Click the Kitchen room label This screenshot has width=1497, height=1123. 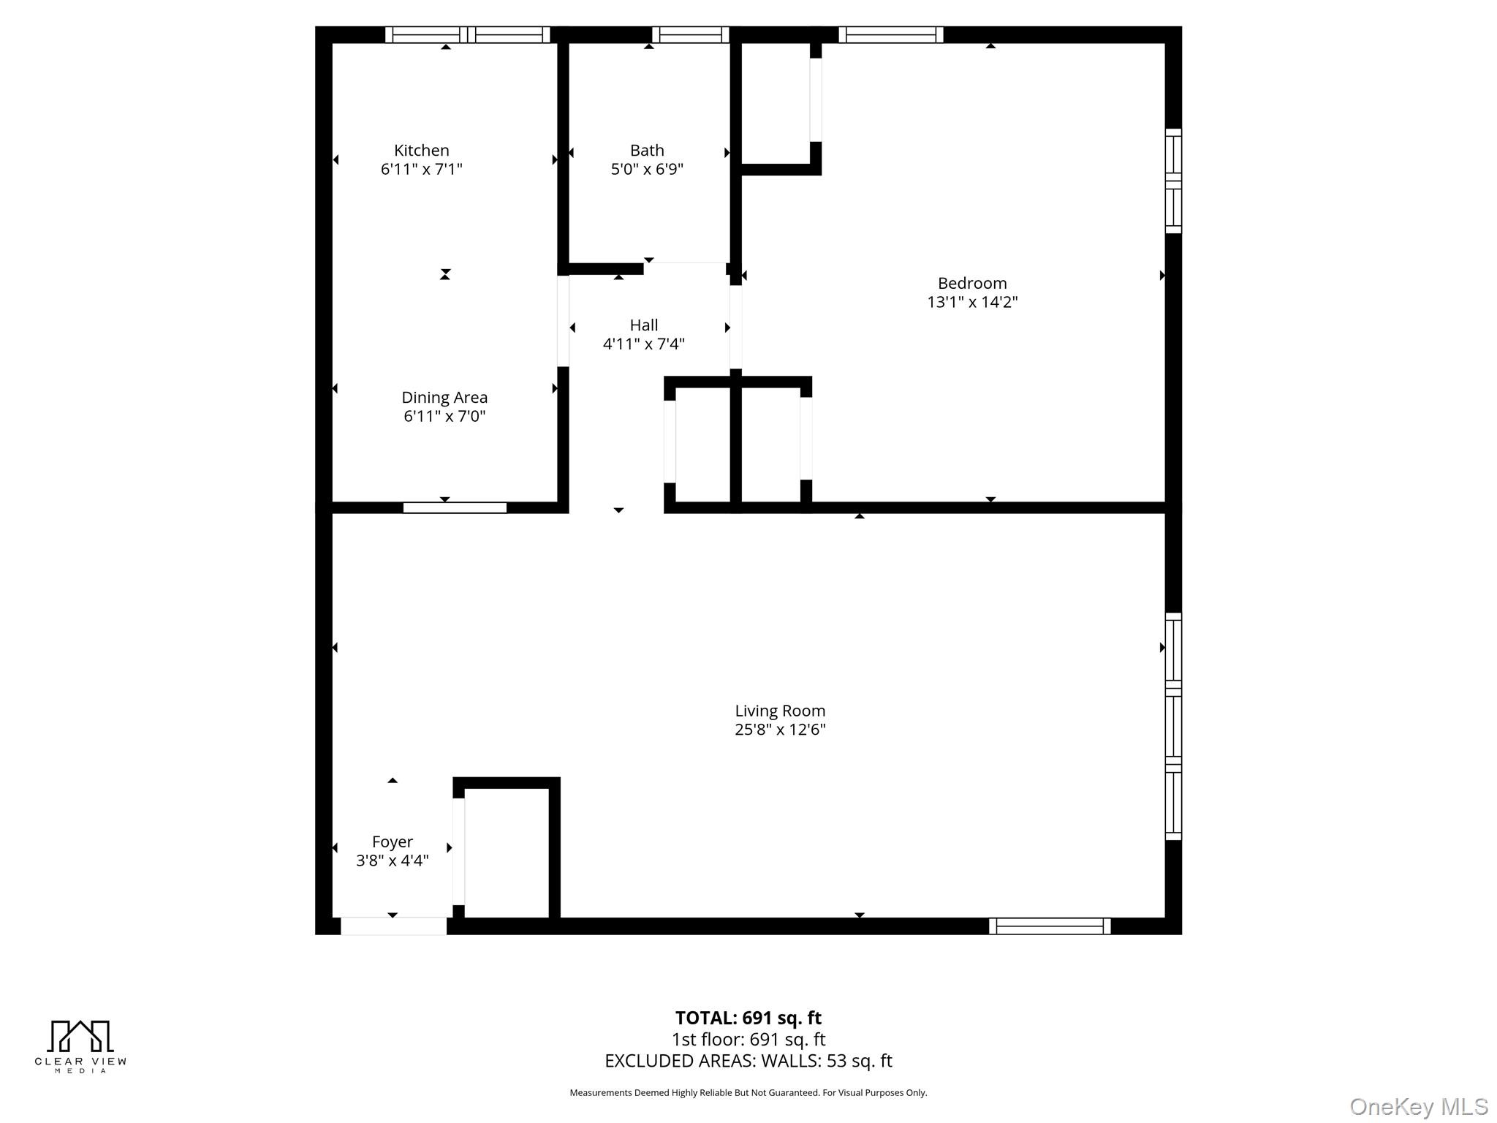[x=421, y=151]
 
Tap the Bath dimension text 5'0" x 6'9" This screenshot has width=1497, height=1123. [x=647, y=170]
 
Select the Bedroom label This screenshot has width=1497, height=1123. [x=971, y=283]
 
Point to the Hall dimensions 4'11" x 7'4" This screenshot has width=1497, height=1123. [x=643, y=344]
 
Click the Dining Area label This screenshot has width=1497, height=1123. [x=444, y=398]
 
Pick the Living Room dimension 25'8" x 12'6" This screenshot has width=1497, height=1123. [x=780, y=729]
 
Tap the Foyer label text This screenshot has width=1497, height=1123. [x=393, y=842]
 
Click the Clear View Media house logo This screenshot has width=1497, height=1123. [x=80, y=1036]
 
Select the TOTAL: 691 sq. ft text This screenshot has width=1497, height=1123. [x=748, y=1018]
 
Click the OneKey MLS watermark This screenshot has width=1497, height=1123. [x=1418, y=1106]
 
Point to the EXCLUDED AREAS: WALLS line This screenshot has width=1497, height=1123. [x=748, y=1061]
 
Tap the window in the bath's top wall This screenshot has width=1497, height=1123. [x=690, y=34]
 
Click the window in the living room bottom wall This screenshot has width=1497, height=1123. [x=1050, y=926]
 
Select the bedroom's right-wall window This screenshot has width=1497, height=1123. [x=1172, y=181]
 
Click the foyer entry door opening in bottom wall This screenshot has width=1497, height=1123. [x=393, y=926]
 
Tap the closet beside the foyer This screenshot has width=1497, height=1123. [x=507, y=852]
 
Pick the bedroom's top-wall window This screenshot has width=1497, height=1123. [x=890, y=34]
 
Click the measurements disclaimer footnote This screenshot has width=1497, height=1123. [x=748, y=1092]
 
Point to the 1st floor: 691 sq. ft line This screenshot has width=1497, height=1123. [x=748, y=1039]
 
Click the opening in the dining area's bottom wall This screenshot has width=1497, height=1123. [x=455, y=507]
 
